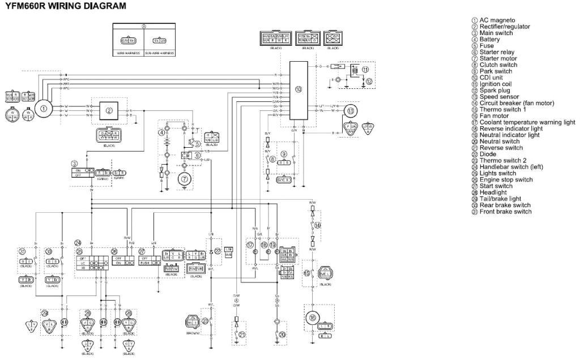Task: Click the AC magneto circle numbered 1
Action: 42,106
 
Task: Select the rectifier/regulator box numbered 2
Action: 109,110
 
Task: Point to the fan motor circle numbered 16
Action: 313,318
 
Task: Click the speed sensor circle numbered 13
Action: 351,111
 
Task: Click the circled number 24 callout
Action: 78,243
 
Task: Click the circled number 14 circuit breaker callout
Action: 317,225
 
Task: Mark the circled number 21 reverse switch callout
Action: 242,335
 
